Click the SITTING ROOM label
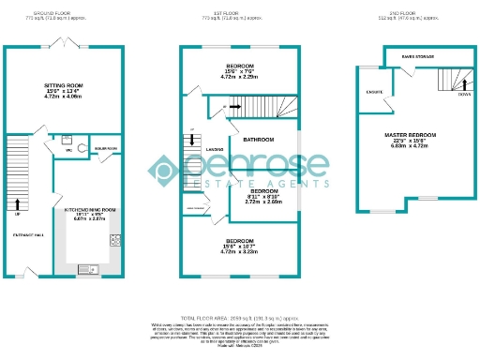[64, 85]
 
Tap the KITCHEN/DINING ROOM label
[90, 213]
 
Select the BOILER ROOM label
[105, 148]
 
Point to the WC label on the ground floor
[69, 150]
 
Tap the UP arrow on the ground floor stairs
[19, 202]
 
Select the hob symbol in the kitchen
[116, 240]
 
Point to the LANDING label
[215, 149]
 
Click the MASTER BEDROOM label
[410, 135]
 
